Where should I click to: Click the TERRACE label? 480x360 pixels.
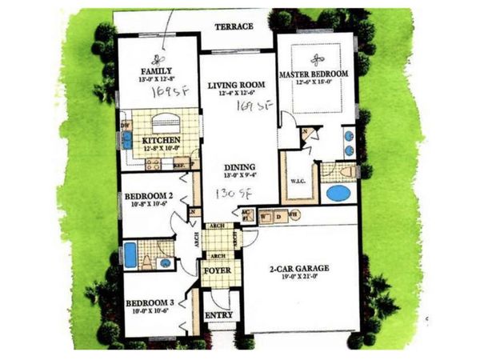234,26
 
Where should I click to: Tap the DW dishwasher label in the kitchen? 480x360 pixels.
125,126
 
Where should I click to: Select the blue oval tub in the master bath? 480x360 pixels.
338,194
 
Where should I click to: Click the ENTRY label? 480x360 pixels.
219,315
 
